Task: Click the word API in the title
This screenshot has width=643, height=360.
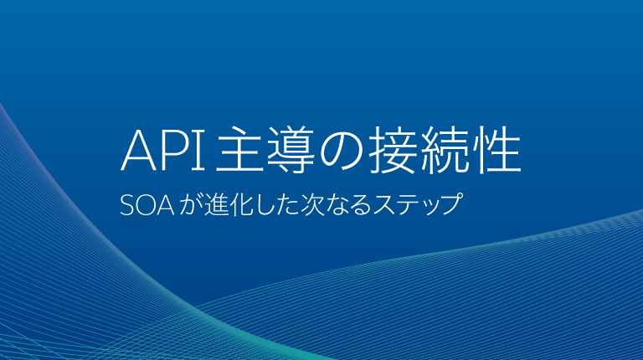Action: tap(164, 152)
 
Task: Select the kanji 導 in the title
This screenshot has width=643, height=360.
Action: tap(290, 152)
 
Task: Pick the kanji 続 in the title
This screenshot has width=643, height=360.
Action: tap(445, 152)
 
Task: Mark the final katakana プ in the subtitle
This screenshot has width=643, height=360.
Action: tap(451, 205)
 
